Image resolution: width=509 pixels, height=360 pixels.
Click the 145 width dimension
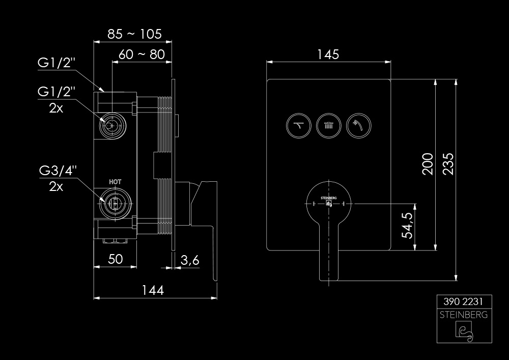tap(329, 54)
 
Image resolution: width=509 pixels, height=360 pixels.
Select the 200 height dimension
tap(428, 164)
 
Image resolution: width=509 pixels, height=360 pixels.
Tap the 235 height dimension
tap(448, 164)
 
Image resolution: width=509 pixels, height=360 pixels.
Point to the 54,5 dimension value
tap(407, 225)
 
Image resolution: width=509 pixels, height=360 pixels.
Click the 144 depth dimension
tap(153, 290)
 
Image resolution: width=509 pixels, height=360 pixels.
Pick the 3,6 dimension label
tap(190, 260)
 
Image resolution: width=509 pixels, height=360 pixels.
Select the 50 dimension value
tap(116, 259)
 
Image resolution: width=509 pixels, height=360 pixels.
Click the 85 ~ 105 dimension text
tap(134, 34)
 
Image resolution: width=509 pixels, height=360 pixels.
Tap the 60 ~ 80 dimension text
tap(142, 54)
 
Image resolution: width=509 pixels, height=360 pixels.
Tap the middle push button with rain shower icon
tap(328, 124)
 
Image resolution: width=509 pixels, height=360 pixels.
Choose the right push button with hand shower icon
tap(358, 124)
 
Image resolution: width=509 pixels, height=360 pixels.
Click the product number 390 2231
tap(463, 301)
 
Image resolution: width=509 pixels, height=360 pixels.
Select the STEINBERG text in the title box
tap(463, 314)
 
